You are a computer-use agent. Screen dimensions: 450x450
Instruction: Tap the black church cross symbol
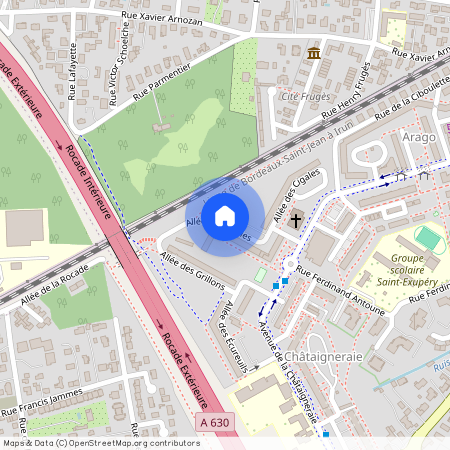click(296, 219)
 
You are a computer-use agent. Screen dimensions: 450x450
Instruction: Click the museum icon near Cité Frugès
click(315, 52)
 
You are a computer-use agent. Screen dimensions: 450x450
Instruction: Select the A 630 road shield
click(213, 424)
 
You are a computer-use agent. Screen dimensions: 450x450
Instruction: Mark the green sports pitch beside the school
click(428, 239)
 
